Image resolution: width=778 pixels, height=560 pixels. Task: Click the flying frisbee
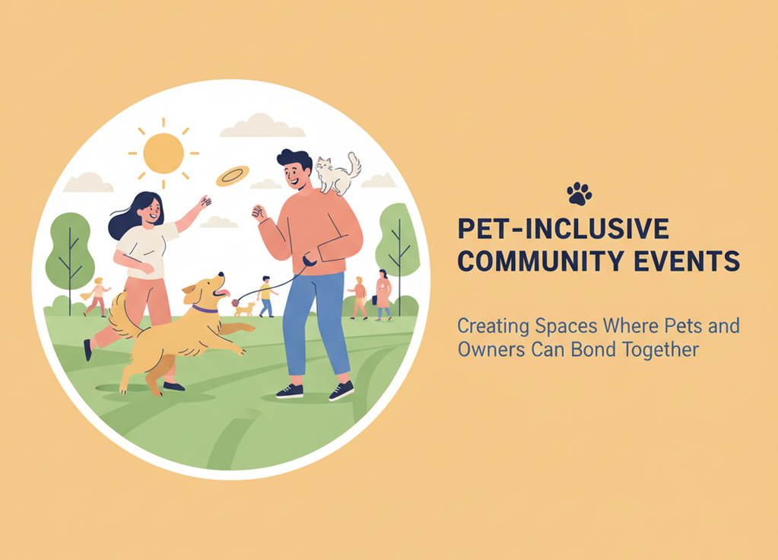coord(232,176)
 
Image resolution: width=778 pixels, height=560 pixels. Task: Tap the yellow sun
coord(164,153)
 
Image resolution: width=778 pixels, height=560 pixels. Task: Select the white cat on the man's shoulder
coord(335,175)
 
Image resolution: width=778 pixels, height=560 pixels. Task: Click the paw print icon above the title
coord(580,194)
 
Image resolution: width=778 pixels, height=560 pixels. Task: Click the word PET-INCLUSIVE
coord(564,229)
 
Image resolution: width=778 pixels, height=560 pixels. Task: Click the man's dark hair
coord(294,159)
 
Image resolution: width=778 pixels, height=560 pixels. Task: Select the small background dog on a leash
coord(244,308)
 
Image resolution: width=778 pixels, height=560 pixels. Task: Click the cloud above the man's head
coord(262,126)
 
